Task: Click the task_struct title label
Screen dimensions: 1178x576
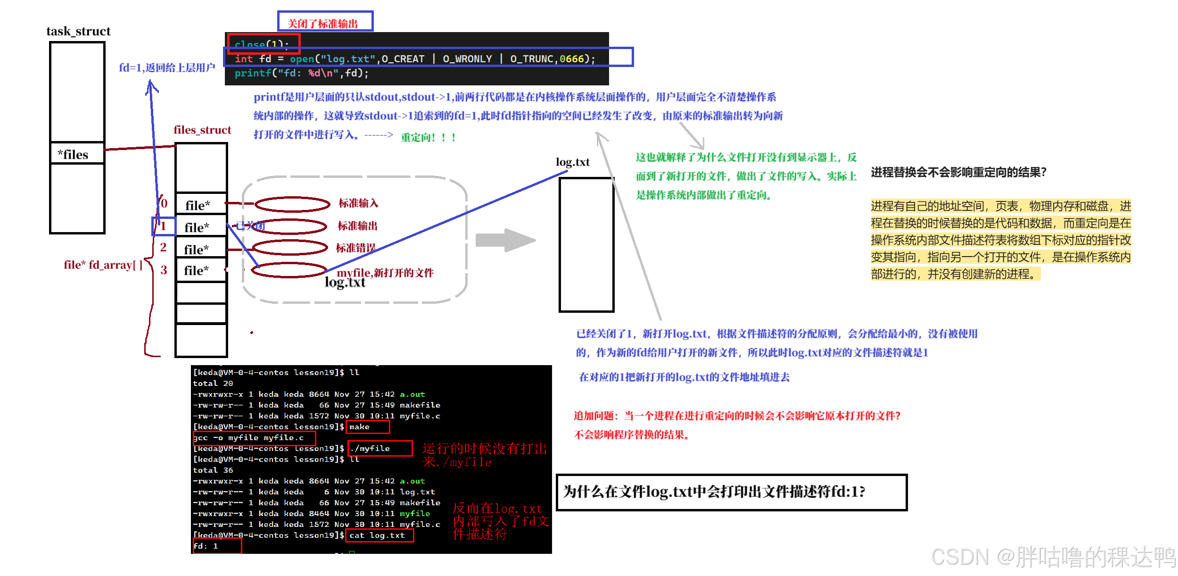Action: [78, 32]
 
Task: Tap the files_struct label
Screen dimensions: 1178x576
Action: [202, 130]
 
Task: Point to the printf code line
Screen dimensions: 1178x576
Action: [301, 73]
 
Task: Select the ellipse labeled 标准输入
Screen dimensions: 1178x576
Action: [292, 204]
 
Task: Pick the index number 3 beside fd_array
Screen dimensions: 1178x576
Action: [164, 270]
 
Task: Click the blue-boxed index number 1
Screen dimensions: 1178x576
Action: [163, 226]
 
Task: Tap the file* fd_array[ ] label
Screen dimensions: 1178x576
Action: [103, 265]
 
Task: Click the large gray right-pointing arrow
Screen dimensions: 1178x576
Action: [505, 240]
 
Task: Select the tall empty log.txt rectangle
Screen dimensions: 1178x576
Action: [586, 244]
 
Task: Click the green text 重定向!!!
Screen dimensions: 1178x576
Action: [428, 138]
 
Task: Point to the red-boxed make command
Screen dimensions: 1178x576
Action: [368, 427]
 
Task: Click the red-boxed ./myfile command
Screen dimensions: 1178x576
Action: [379, 449]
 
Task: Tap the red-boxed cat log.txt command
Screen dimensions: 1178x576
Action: [379, 535]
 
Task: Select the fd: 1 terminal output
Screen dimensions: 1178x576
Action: [206, 546]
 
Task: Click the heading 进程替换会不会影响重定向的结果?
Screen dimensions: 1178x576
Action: [958, 173]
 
